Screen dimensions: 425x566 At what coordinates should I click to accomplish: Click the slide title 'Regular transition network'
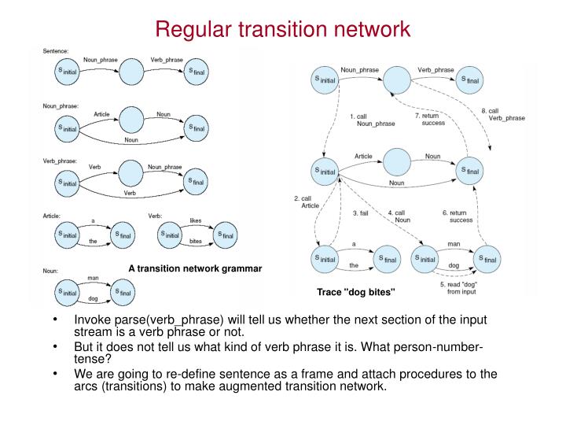coord(282,29)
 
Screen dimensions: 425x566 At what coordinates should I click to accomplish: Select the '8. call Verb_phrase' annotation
coord(503,114)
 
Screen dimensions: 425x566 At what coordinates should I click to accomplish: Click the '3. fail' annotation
coord(361,213)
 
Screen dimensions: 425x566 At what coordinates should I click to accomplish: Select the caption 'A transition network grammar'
coord(194,269)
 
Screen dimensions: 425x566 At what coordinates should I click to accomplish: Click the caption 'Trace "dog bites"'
coord(356,293)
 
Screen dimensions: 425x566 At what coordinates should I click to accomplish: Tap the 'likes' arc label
coord(196,220)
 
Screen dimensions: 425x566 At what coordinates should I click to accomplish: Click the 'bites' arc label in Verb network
coord(196,241)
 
